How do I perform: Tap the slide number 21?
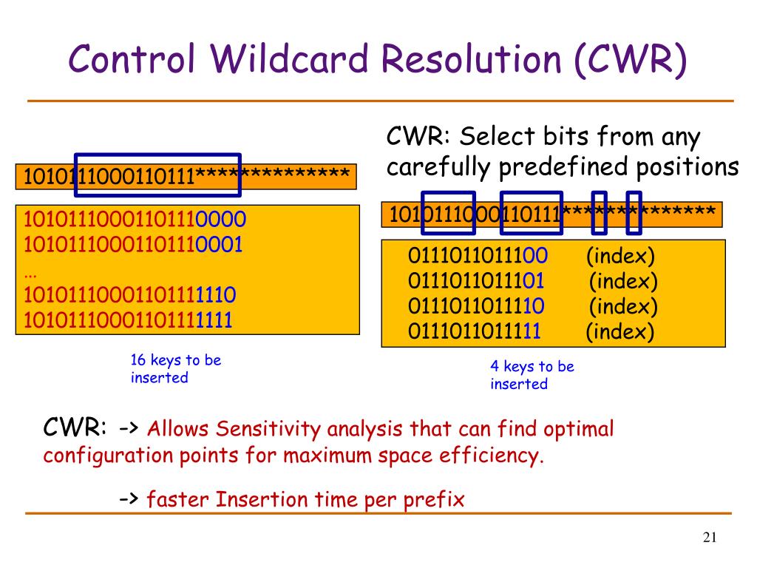[x=710, y=538]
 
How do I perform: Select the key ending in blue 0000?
[x=135, y=220]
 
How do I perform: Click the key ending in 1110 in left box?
[x=130, y=296]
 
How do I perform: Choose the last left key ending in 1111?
[x=129, y=320]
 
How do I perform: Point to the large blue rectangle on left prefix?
[x=158, y=175]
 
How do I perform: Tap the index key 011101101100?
[x=478, y=257]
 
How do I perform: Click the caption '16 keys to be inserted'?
[x=175, y=369]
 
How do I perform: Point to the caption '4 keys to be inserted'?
[x=532, y=375]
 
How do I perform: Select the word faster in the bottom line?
[x=178, y=500]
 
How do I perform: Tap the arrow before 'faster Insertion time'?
[x=129, y=500]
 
